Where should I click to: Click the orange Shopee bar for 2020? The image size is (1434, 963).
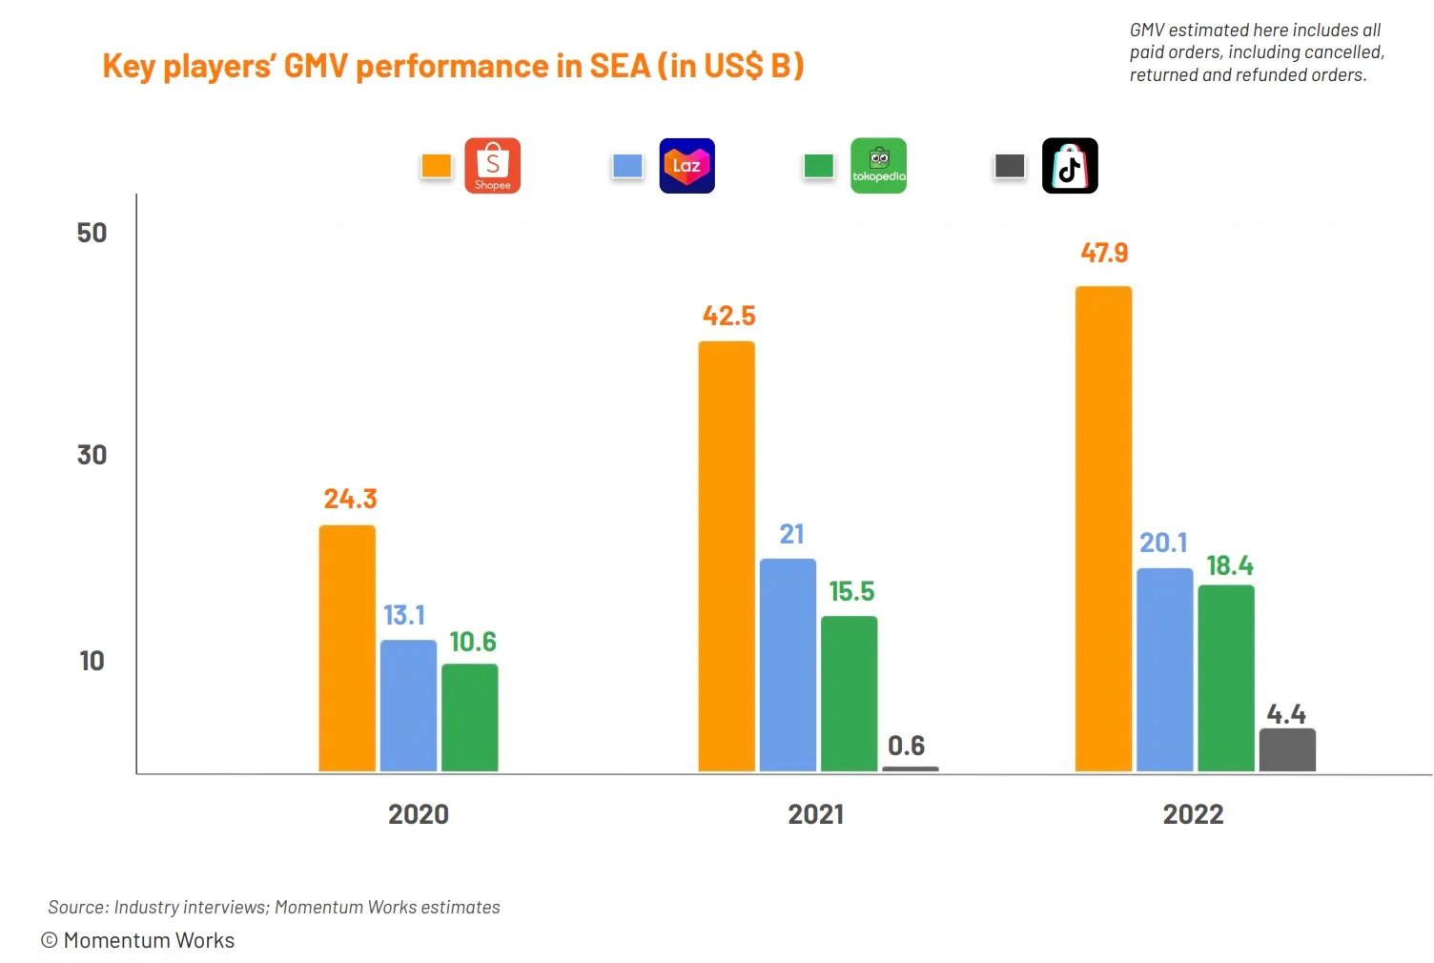pos(347,648)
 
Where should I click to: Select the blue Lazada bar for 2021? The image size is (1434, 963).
pos(789,665)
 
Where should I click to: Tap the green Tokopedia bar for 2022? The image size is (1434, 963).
pos(1226,678)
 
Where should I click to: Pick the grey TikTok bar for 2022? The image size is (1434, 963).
pos(1287,749)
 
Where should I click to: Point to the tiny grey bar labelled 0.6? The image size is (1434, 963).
pos(911,769)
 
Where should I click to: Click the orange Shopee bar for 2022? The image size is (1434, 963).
pos(1104,529)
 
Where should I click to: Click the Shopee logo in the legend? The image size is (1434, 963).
pos(492,165)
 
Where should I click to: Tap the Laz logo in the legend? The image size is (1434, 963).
pos(686,165)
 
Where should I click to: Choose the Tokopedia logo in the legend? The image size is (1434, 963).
pos(878,165)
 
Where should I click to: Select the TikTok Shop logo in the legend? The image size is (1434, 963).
pos(1070,165)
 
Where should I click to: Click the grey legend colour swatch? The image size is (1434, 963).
pos(1010,166)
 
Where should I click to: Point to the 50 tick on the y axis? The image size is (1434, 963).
pos(92,233)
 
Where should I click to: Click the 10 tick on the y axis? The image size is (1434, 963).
pos(92,661)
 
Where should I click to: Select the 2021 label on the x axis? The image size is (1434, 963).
pos(815,814)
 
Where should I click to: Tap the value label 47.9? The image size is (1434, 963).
pos(1104,253)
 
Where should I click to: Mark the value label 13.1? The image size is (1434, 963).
pos(404,615)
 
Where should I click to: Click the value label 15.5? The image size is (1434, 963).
pos(851,592)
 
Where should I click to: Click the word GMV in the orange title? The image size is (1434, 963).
pos(316,65)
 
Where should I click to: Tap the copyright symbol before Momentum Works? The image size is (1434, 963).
pos(50,940)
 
